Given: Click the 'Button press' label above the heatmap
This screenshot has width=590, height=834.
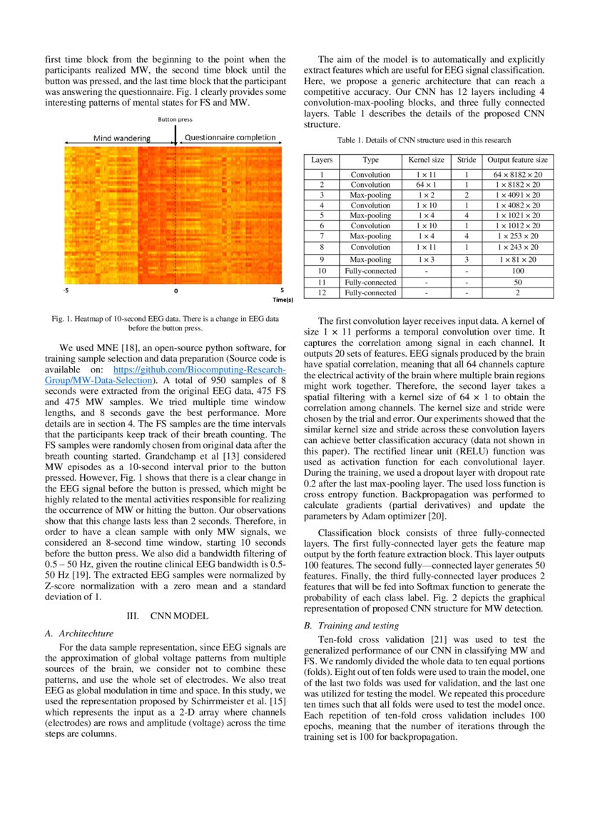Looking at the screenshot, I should (x=175, y=120).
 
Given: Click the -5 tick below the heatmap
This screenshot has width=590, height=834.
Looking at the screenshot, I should (x=66, y=290).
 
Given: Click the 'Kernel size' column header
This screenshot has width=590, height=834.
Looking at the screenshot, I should (x=426, y=161).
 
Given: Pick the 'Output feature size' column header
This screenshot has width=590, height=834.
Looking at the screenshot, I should (x=517, y=161).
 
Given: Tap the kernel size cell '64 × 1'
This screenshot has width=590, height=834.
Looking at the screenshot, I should (x=426, y=184).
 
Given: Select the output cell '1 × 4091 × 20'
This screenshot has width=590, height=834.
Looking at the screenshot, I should (x=517, y=194).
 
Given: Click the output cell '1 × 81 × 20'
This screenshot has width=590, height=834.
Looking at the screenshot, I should (x=517, y=260).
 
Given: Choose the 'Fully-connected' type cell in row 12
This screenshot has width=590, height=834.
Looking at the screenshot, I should (x=370, y=293).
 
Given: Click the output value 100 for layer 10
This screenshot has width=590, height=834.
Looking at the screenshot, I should (x=517, y=272).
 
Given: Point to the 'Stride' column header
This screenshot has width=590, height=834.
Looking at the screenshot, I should (x=466, y=161).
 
